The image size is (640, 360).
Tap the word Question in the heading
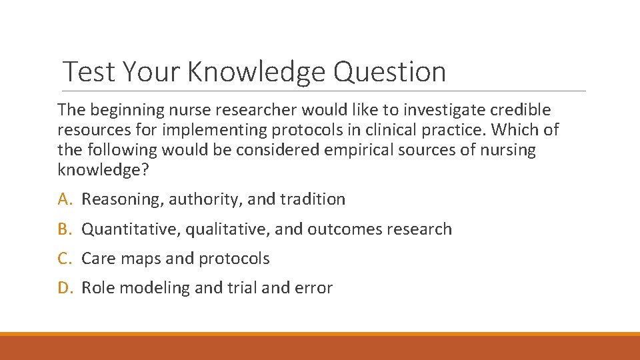click(389, 71)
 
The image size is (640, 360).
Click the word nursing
click(508, 149)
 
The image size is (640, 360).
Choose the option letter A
click(64, 199)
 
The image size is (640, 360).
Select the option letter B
click(64, 229)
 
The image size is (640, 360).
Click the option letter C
click(64, 258)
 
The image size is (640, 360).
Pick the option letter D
click(64, 287)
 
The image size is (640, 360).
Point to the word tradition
click(313, 199)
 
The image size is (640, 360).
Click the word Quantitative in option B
click(130, 229)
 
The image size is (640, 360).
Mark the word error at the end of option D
click(315, 287)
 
